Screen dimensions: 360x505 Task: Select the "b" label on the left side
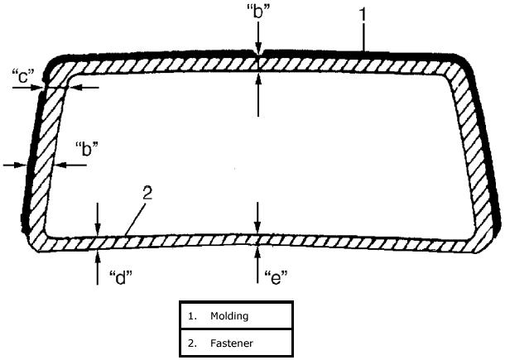pos(86,150)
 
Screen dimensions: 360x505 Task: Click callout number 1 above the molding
pos(363,14)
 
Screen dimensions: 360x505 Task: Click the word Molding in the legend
pos(229,316)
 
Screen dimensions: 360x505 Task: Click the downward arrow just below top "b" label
pos(259,38)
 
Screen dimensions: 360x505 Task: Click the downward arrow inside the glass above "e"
pos(258,219)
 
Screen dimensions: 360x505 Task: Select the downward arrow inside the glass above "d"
pos(98,218)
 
